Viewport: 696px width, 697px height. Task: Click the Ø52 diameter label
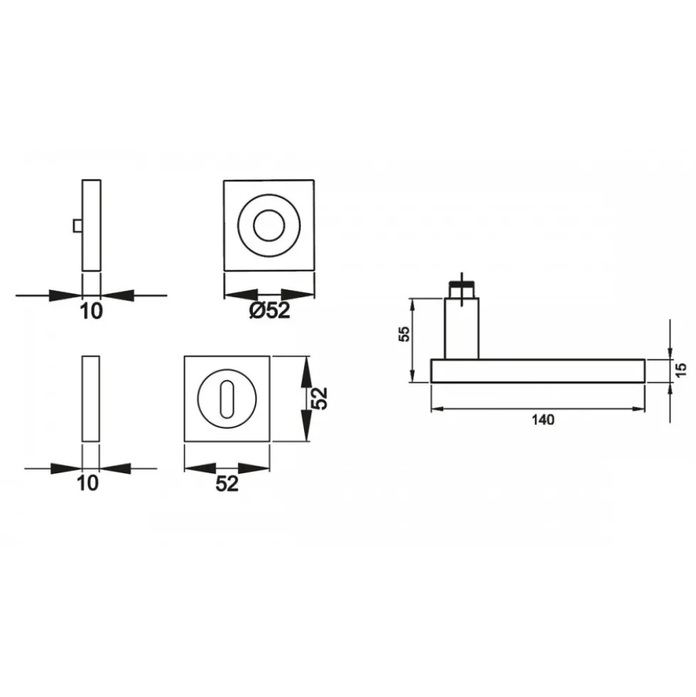(270, 310)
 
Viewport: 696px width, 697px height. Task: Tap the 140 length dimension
(543, 420)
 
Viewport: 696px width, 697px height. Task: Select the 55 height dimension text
(404, 333)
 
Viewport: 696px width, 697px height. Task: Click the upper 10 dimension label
(91, 310)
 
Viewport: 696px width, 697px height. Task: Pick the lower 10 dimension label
(87, 482)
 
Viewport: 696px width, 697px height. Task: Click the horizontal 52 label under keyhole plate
(227, 483)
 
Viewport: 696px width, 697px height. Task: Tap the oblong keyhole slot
(227, 399)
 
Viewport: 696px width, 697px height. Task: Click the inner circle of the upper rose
(269, 225)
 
